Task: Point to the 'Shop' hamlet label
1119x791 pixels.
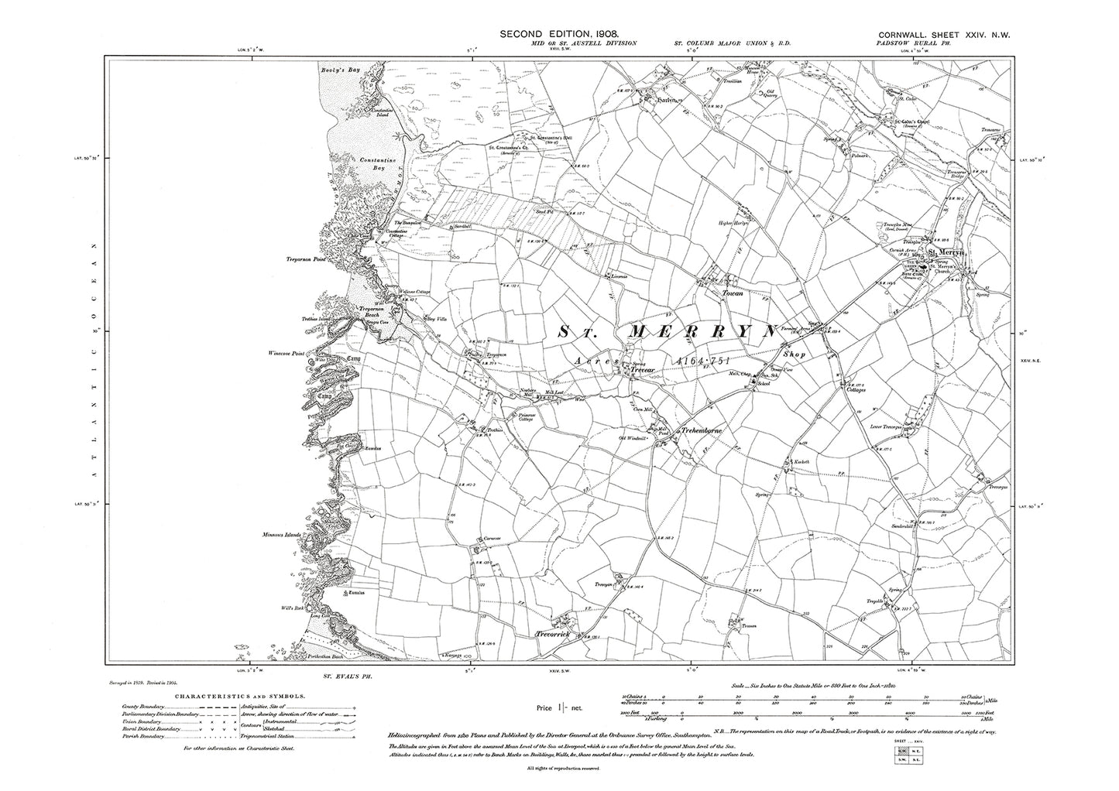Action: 794,354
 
